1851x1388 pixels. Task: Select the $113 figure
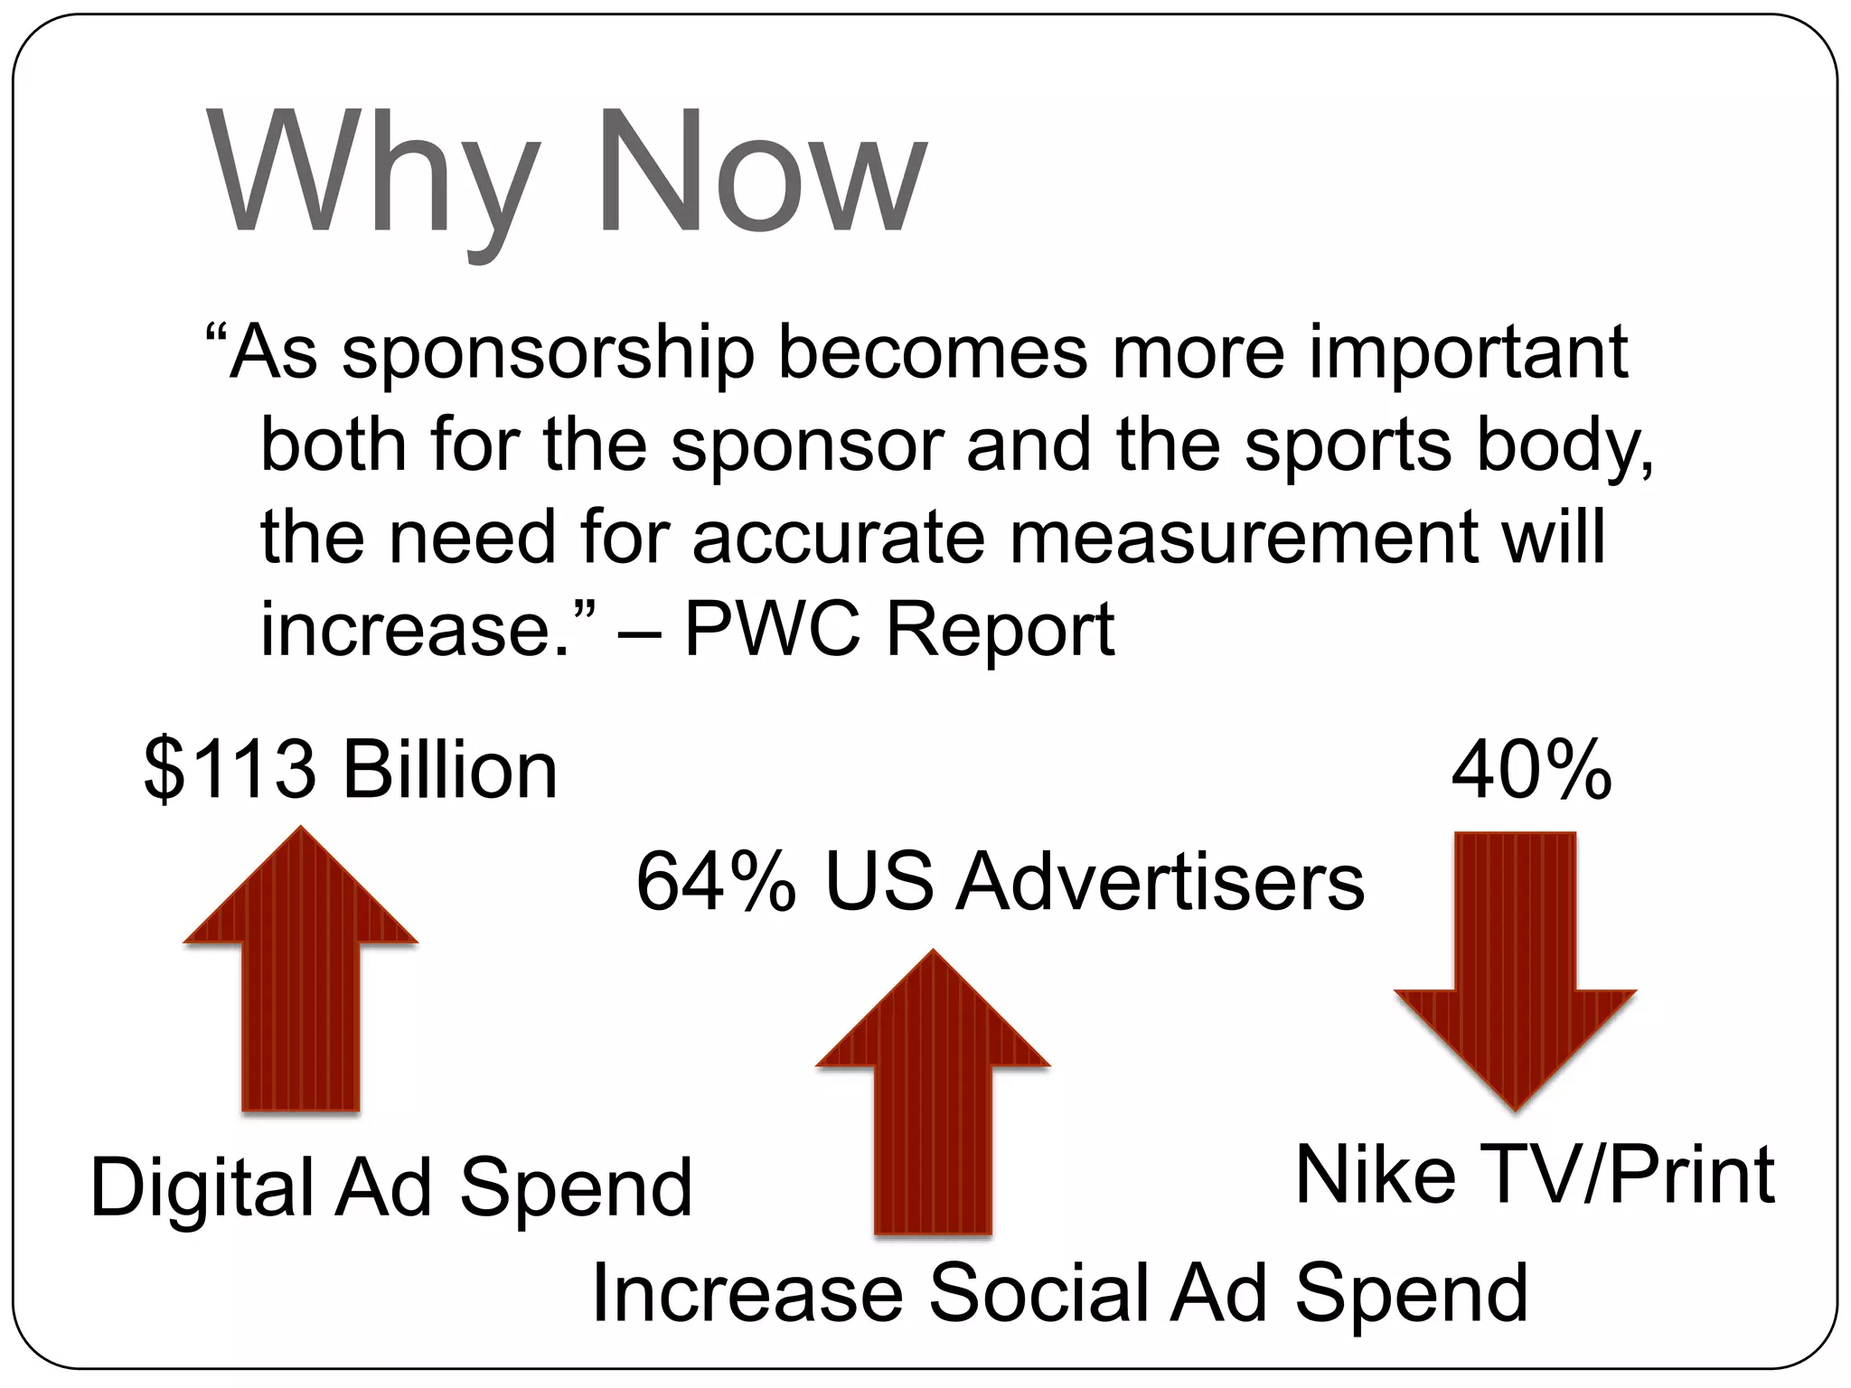click(x=230, y=770)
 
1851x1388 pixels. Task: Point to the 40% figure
click(x=1531, y=770)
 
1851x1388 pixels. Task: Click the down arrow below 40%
click(x=1515, y=967)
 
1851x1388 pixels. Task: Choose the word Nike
click(x=1375, y=1175)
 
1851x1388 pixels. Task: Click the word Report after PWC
click(x=1000, y=630)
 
